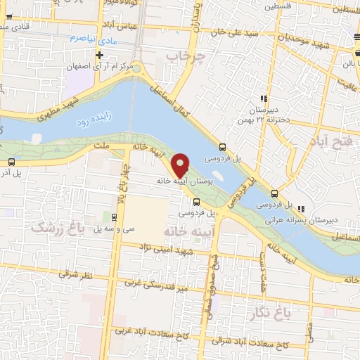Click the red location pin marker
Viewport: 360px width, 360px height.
click(180, 165)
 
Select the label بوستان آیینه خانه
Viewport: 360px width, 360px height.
click(186, 181)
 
